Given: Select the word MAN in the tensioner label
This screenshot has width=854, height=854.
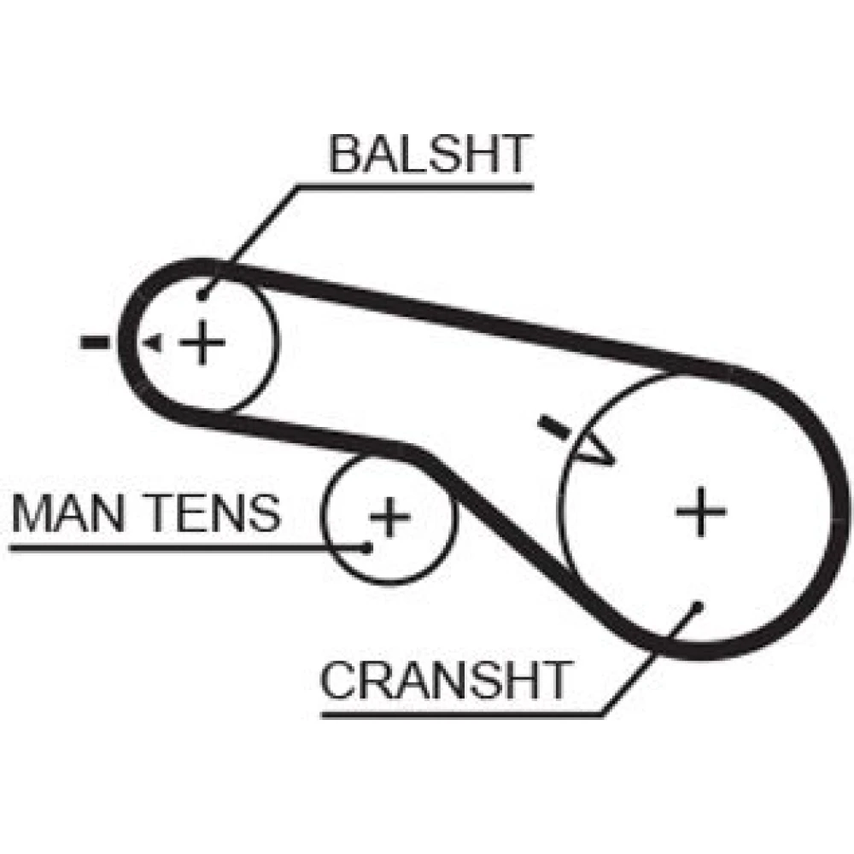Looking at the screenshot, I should [71, 512].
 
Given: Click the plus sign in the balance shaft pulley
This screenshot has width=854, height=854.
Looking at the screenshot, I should [202, 342].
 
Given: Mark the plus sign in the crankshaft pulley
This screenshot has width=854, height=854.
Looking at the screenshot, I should [700, 511].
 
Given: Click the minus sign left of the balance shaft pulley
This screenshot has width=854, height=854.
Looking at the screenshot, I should [94, 343].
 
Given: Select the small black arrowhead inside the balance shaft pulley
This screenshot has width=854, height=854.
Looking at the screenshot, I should [153, 343].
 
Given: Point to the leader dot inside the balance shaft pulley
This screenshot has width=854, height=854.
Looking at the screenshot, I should [202, 296].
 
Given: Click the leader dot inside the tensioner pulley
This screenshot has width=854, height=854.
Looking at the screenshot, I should [367, 547].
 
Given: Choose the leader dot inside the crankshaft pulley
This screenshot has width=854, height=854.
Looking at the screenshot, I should [698, 605].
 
